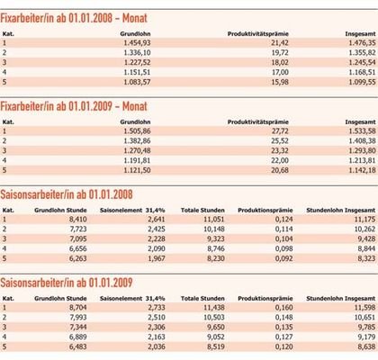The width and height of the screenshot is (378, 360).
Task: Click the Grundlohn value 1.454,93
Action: [x=137, y=43]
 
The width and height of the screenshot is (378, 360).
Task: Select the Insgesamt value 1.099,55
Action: [x=362, y=82]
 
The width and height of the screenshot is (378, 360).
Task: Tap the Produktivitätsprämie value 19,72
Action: [x=280, y=52]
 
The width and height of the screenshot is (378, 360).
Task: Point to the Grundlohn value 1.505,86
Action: [x=137, y=131]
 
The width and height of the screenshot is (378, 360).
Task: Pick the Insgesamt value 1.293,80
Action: [x=362, y=150]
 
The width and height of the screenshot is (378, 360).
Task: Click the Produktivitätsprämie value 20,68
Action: [x=280, y=170]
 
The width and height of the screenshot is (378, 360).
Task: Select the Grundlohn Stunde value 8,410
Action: [x=78, y=220]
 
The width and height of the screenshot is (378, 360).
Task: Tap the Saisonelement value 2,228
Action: [x=157, y=238]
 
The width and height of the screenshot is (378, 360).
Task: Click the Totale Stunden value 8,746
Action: [x=216, y=248]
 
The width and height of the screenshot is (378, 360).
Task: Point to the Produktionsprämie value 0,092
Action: [x=283, y=258]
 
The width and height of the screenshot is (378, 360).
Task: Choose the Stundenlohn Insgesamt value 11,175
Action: [x=364, y=220]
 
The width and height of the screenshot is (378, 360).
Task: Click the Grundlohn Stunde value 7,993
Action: [x=78, y=317]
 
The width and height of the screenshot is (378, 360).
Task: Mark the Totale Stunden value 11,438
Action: [x=214, y=308]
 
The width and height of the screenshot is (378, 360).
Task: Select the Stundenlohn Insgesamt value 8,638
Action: [x=366, y=346]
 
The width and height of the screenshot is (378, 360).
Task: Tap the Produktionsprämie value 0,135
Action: [x=283, y=327]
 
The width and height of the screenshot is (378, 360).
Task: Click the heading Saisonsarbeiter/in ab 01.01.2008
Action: [x=67, y=194]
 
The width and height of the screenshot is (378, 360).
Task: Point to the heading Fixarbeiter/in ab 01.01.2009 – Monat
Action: [x=74, y=106]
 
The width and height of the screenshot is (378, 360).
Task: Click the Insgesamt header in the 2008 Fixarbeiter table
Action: [x=360, y=34]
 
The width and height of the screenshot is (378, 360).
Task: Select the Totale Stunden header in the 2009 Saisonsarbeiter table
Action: [x=202, y=299]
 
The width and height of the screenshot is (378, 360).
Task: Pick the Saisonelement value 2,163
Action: [x=157, y=337]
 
